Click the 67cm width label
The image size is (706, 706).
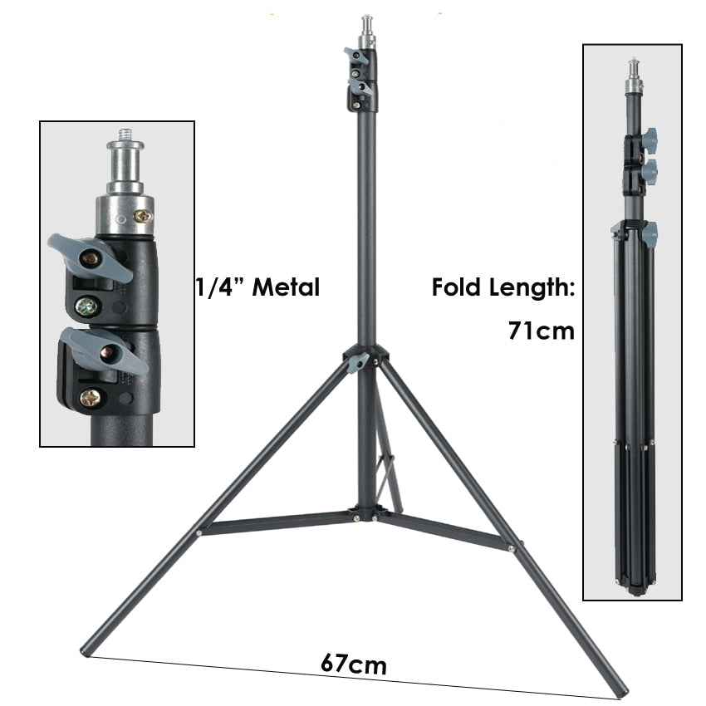(x=353, y=665)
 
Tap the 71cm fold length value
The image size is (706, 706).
(x=541, y=331)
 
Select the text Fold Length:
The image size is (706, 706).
(x=503, y=288)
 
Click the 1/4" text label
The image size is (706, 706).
(x=218, y=287)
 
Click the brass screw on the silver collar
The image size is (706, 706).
(x=144, y=216)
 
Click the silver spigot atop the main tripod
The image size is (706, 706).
(x=366, y=29)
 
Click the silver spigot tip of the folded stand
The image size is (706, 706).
(x=633, y=73)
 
